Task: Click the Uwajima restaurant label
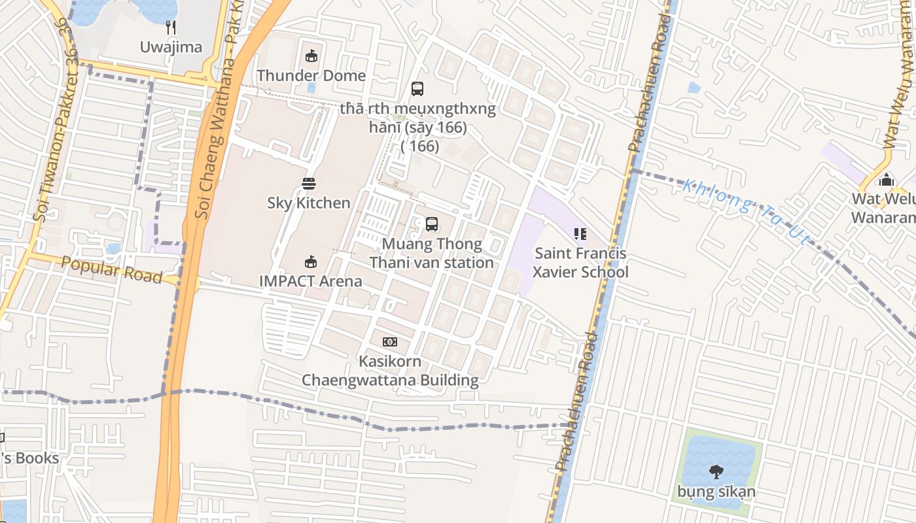(x=171, y=47)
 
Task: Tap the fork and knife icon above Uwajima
(x=171, y=27)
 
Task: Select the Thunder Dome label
(x=311, y=75)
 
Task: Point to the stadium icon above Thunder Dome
(x=311, y=56)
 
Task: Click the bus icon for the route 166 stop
(x=417, y=89)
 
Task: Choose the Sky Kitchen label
(x=309, y=203)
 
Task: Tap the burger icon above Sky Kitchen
(x=309, y=184)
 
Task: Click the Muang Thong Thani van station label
(x=431, y=254)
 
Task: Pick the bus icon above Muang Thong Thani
(x=432, y=224)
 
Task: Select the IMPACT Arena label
(x=311, y=281)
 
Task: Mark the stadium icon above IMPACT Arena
(x=311, y=262)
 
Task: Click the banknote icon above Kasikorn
(x=390, y=342)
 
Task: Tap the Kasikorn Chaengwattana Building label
(x=390, y=371)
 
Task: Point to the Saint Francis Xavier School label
(x=580, y=263)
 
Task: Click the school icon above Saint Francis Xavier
(x=580, y=233)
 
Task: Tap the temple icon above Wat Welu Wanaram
(x=887, y=180)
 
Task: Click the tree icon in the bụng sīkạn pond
(x=716, y=471)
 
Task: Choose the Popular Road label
(x=112, y=269)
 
